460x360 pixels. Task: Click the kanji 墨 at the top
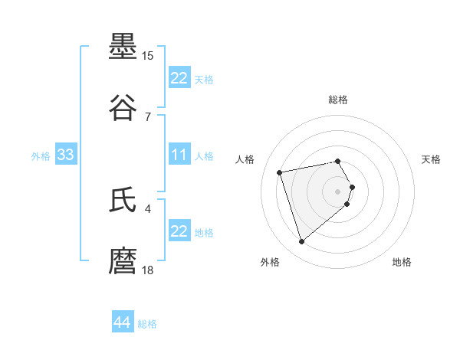[123, 47]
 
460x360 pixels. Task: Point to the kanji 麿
[123, 261]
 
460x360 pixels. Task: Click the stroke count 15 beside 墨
[148, 56]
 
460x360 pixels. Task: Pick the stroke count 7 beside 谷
[148, 116]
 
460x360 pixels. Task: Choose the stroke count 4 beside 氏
[148, 208]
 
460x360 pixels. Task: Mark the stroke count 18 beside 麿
[148, 270]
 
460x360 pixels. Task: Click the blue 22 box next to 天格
[179, 78]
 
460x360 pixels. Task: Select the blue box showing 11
[179, 155]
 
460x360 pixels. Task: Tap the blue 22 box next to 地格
[179, 231]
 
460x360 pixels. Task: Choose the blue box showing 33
[65, 155]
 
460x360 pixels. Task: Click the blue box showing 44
[122, 322]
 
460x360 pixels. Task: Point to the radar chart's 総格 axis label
[338, 100]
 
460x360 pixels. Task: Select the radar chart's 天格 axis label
[431, 159]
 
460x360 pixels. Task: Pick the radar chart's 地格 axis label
[402, 262]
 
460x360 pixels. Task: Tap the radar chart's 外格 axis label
[269, 262]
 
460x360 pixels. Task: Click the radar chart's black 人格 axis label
[245, 159]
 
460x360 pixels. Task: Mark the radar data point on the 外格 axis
[302, 242]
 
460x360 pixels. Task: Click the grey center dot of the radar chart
[338, 191]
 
